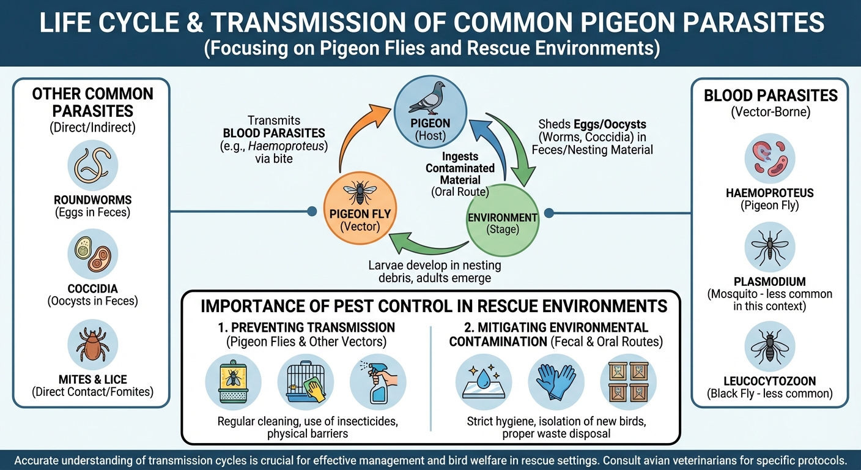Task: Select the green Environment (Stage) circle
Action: click(x=503, y=224)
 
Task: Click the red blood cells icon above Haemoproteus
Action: click(x=769, y=159)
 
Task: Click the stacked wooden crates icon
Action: click(x=628, y=382)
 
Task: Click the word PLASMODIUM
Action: click(x=769, y=282)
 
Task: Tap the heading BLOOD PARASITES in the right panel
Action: click(x=770, y=95)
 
